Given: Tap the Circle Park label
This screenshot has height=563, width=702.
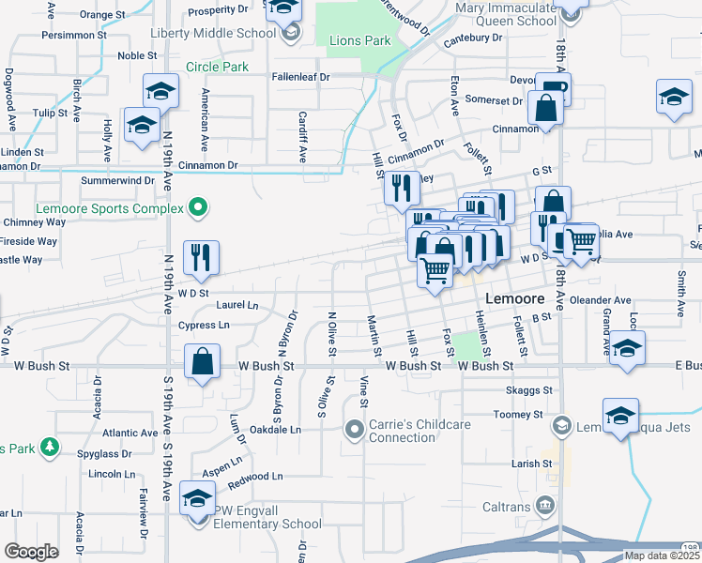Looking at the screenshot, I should point(217,67).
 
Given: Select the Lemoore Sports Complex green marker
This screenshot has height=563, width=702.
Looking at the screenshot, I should point(197,207).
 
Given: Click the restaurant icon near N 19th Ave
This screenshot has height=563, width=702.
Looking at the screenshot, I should point(200,258).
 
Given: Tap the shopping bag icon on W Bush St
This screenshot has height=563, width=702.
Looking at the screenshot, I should point(203,362).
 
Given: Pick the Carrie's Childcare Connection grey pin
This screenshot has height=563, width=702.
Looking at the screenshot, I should point(354,431).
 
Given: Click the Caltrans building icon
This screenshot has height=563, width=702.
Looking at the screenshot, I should point(543,508).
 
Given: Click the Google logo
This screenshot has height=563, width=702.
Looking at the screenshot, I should point(31,552).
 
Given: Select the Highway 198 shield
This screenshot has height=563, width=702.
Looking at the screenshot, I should point(692,545).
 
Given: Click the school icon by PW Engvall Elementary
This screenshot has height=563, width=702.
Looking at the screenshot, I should point(197,498).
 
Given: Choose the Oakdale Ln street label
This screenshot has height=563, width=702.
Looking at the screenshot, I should point(276,429).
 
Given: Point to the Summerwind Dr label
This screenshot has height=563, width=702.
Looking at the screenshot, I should point(117,179).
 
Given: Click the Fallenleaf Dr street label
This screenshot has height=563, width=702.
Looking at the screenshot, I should point(301,77).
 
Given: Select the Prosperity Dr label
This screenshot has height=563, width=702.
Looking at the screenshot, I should point(221,12).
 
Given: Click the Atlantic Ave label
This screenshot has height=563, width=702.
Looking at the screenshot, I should point(130,433).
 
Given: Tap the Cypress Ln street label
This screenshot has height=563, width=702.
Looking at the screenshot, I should point(203,326).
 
